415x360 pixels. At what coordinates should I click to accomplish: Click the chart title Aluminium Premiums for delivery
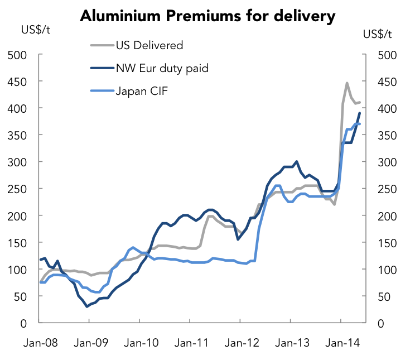click(207, 16)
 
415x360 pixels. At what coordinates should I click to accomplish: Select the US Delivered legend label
click(149, 45)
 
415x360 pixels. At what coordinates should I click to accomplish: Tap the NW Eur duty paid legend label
click(162, 68)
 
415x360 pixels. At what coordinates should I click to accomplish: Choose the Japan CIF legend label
click(141, 91)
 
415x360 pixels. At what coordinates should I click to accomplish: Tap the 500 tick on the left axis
click(17, 55)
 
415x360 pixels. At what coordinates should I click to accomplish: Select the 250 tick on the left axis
click(17, 189)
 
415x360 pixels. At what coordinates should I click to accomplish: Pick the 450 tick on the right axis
click(388, 82)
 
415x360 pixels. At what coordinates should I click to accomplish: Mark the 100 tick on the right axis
click(388, 270)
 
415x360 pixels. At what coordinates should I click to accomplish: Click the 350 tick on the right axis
click(388, 136)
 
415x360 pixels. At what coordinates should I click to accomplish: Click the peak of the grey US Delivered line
click(347, 83)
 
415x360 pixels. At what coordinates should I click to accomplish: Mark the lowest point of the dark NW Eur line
click(87, 306)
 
